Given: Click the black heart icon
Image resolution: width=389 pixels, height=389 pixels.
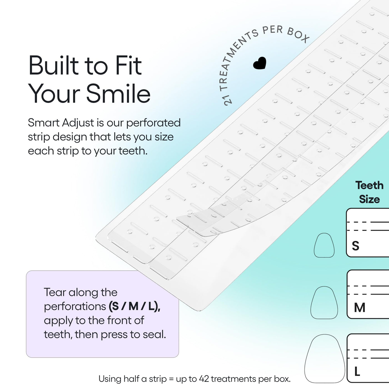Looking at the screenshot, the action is tap(260, 63).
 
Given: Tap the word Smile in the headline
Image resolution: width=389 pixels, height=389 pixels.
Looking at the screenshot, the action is tap(118, 93).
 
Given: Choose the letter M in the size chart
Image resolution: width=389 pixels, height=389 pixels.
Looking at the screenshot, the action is tap(360, 308).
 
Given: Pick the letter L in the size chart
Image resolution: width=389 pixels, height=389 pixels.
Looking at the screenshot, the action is tap(357, 371).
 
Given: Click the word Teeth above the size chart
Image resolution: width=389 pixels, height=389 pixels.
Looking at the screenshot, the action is tap(369, 185).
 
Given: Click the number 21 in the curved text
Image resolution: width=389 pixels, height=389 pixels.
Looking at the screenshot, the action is tap(228, 99).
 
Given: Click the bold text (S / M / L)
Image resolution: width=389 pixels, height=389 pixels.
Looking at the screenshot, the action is tap(134, 306).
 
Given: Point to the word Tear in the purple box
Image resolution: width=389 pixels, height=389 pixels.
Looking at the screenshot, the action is tap(55, 292).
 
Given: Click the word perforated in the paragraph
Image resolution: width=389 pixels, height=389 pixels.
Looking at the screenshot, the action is tap(153, 123).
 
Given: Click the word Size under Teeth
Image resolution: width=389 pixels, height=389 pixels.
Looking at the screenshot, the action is tap(370, 200).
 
